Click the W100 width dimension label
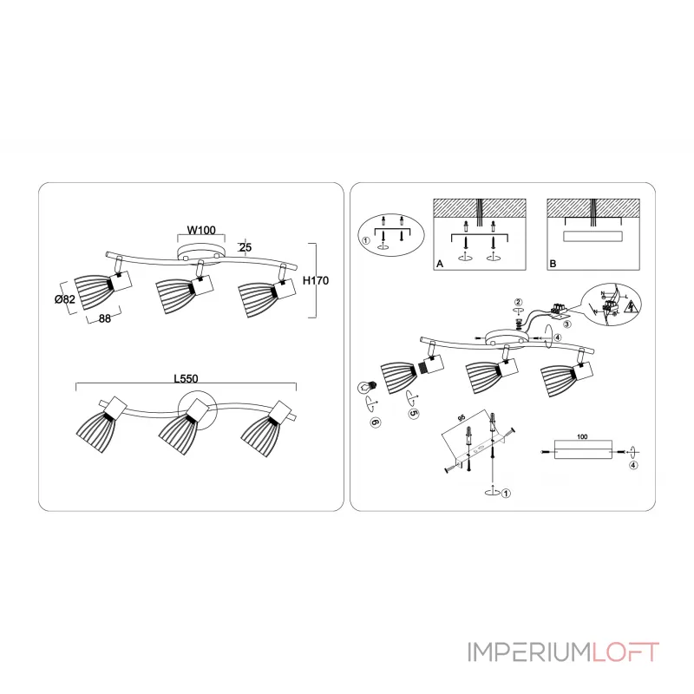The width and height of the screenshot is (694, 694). click(x=200, y=230)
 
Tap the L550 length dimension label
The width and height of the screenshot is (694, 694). click(x=186, y=378)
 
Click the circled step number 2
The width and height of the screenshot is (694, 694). click(x=518, y=301)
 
